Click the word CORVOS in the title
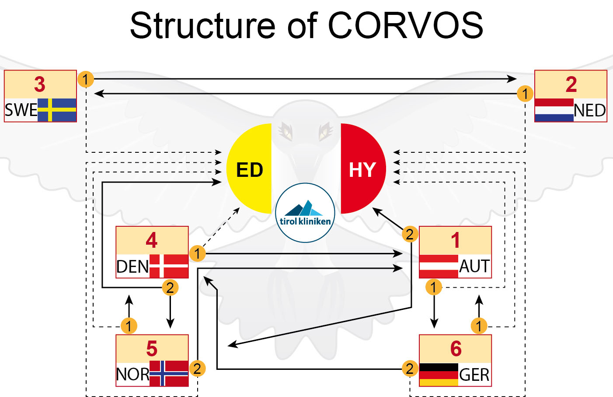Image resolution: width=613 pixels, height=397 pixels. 405,25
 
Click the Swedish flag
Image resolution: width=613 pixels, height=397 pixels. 57,110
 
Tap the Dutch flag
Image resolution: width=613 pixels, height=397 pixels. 554,110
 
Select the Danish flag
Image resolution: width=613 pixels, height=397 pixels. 169,266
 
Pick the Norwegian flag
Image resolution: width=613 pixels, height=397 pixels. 169,373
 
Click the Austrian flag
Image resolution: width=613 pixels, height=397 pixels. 439,266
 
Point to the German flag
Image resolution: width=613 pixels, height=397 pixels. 439,375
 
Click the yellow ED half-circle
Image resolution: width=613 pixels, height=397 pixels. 249,169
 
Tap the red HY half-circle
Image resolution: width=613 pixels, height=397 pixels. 363,169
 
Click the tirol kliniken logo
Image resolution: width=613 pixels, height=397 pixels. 305,213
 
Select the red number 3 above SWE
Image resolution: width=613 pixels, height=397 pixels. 40,84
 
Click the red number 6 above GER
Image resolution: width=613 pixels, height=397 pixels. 456,348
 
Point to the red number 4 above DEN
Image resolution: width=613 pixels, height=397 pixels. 152,240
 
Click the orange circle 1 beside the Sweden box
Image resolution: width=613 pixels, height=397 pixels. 86,79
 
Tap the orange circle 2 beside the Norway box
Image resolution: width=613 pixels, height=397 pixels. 197,369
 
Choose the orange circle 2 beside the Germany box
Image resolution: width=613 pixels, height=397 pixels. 410,369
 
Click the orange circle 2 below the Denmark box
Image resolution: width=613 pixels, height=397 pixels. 170,288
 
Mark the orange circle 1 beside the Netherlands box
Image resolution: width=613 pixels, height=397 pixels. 525,94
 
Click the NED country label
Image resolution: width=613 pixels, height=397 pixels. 590,111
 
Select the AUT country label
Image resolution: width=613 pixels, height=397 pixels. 474,266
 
